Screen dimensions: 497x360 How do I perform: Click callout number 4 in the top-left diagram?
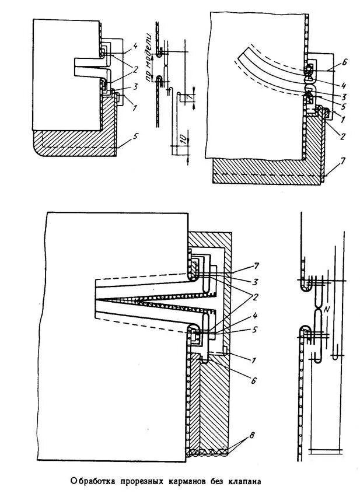tap(134, 45)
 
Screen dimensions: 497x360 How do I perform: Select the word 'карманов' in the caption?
tap(192, 482)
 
